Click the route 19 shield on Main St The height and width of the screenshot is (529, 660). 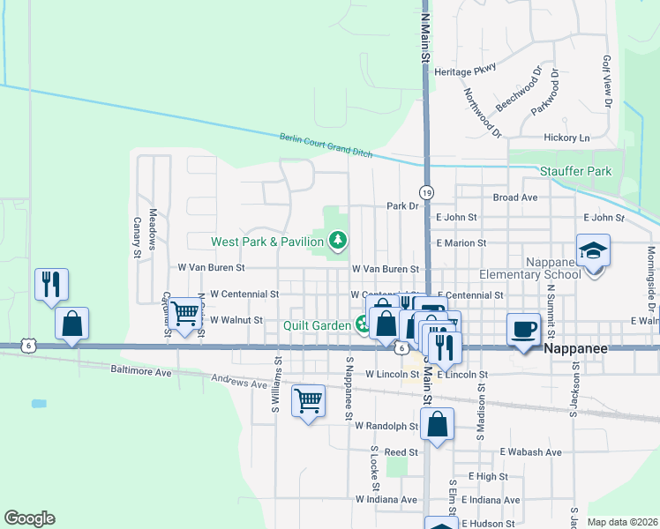tap(426, 192)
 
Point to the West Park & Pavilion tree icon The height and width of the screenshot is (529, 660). tap(336, 240)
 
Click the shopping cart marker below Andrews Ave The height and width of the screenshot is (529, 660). tap(308, 400)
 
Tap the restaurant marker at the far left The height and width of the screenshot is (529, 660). tap(51, 285)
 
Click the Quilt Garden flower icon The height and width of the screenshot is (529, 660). tap(363, 325)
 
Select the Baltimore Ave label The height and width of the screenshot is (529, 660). tap(141, 372)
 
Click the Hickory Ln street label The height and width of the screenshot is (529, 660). tap(566, 138)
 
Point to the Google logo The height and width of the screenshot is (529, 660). tap(29, 518)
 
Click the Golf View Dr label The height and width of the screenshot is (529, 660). tap(607, 82)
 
